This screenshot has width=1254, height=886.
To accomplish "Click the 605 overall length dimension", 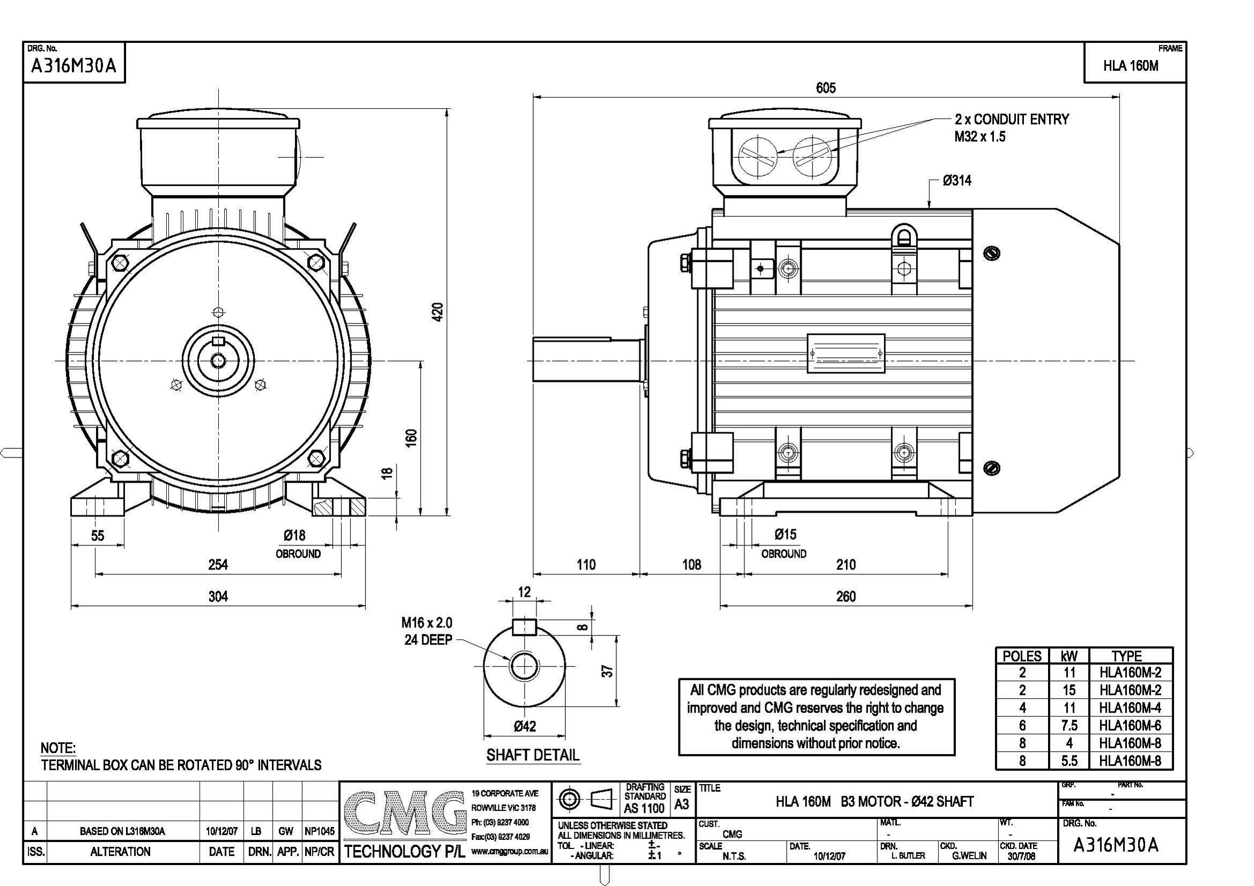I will point(825,88).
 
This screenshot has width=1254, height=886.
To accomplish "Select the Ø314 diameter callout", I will point(957,181).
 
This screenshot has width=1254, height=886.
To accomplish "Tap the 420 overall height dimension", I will point(438,312).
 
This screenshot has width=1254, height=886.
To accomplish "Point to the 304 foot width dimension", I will point(218,596).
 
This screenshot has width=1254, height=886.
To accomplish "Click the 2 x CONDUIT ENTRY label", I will point(1012,120).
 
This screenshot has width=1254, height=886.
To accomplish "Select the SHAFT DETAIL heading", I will point(533,756).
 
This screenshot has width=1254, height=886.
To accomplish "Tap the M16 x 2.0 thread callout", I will point(426,623).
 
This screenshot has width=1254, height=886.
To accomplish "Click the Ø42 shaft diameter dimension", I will point(525,727).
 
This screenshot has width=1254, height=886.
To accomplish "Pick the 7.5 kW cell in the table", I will point(1069,726).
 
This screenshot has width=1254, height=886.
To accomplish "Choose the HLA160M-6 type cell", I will point(1130,726).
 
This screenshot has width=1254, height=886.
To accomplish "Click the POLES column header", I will point(1022,656).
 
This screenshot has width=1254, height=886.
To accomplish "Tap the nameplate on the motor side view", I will point(845,354).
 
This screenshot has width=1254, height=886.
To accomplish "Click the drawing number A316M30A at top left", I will point(73,66).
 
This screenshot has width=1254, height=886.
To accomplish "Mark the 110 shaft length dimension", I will point(586,565).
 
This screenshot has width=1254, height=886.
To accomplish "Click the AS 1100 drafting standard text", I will point(645,808).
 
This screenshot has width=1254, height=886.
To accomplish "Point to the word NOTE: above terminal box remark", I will point(58,748).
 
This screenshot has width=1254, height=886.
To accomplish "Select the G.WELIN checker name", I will point(969,856).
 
